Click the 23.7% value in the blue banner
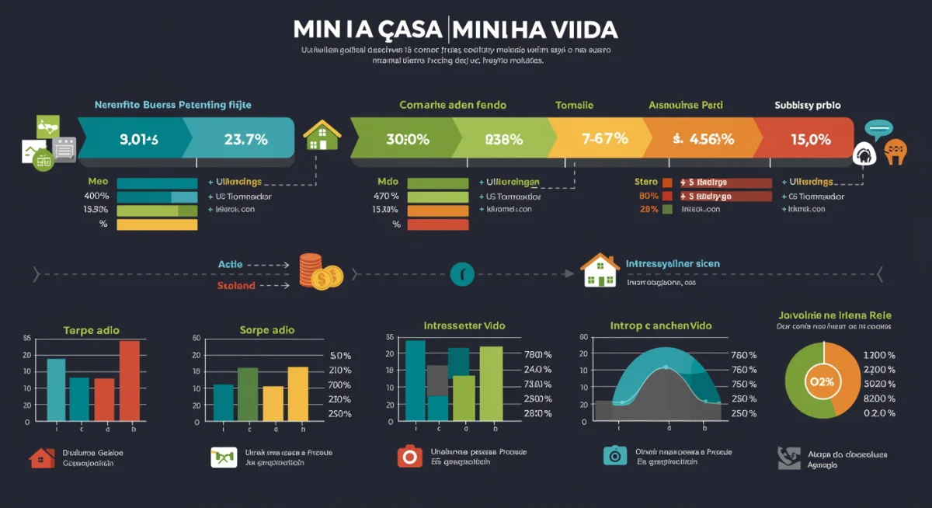(x=245, y=140)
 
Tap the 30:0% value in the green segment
(x=408, y=140)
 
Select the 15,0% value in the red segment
(x=810, y=140)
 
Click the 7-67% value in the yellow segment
(x=604, y=140)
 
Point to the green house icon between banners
(x=322, y=135)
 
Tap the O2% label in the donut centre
(x=821, y=381)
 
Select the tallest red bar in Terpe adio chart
(x=130, y=381)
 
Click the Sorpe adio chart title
(x=267, y=330)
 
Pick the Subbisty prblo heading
(x=808, y=105)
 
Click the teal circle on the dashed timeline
(x=462, y=273)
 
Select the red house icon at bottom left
(x=42, y=458)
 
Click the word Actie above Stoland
(x=230, y=265)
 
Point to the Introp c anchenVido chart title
(x=662, y=325)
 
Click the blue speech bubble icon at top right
(x=879, y=129)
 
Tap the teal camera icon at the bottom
(x=614, y=455)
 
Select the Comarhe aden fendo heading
(x=452, y=105)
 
